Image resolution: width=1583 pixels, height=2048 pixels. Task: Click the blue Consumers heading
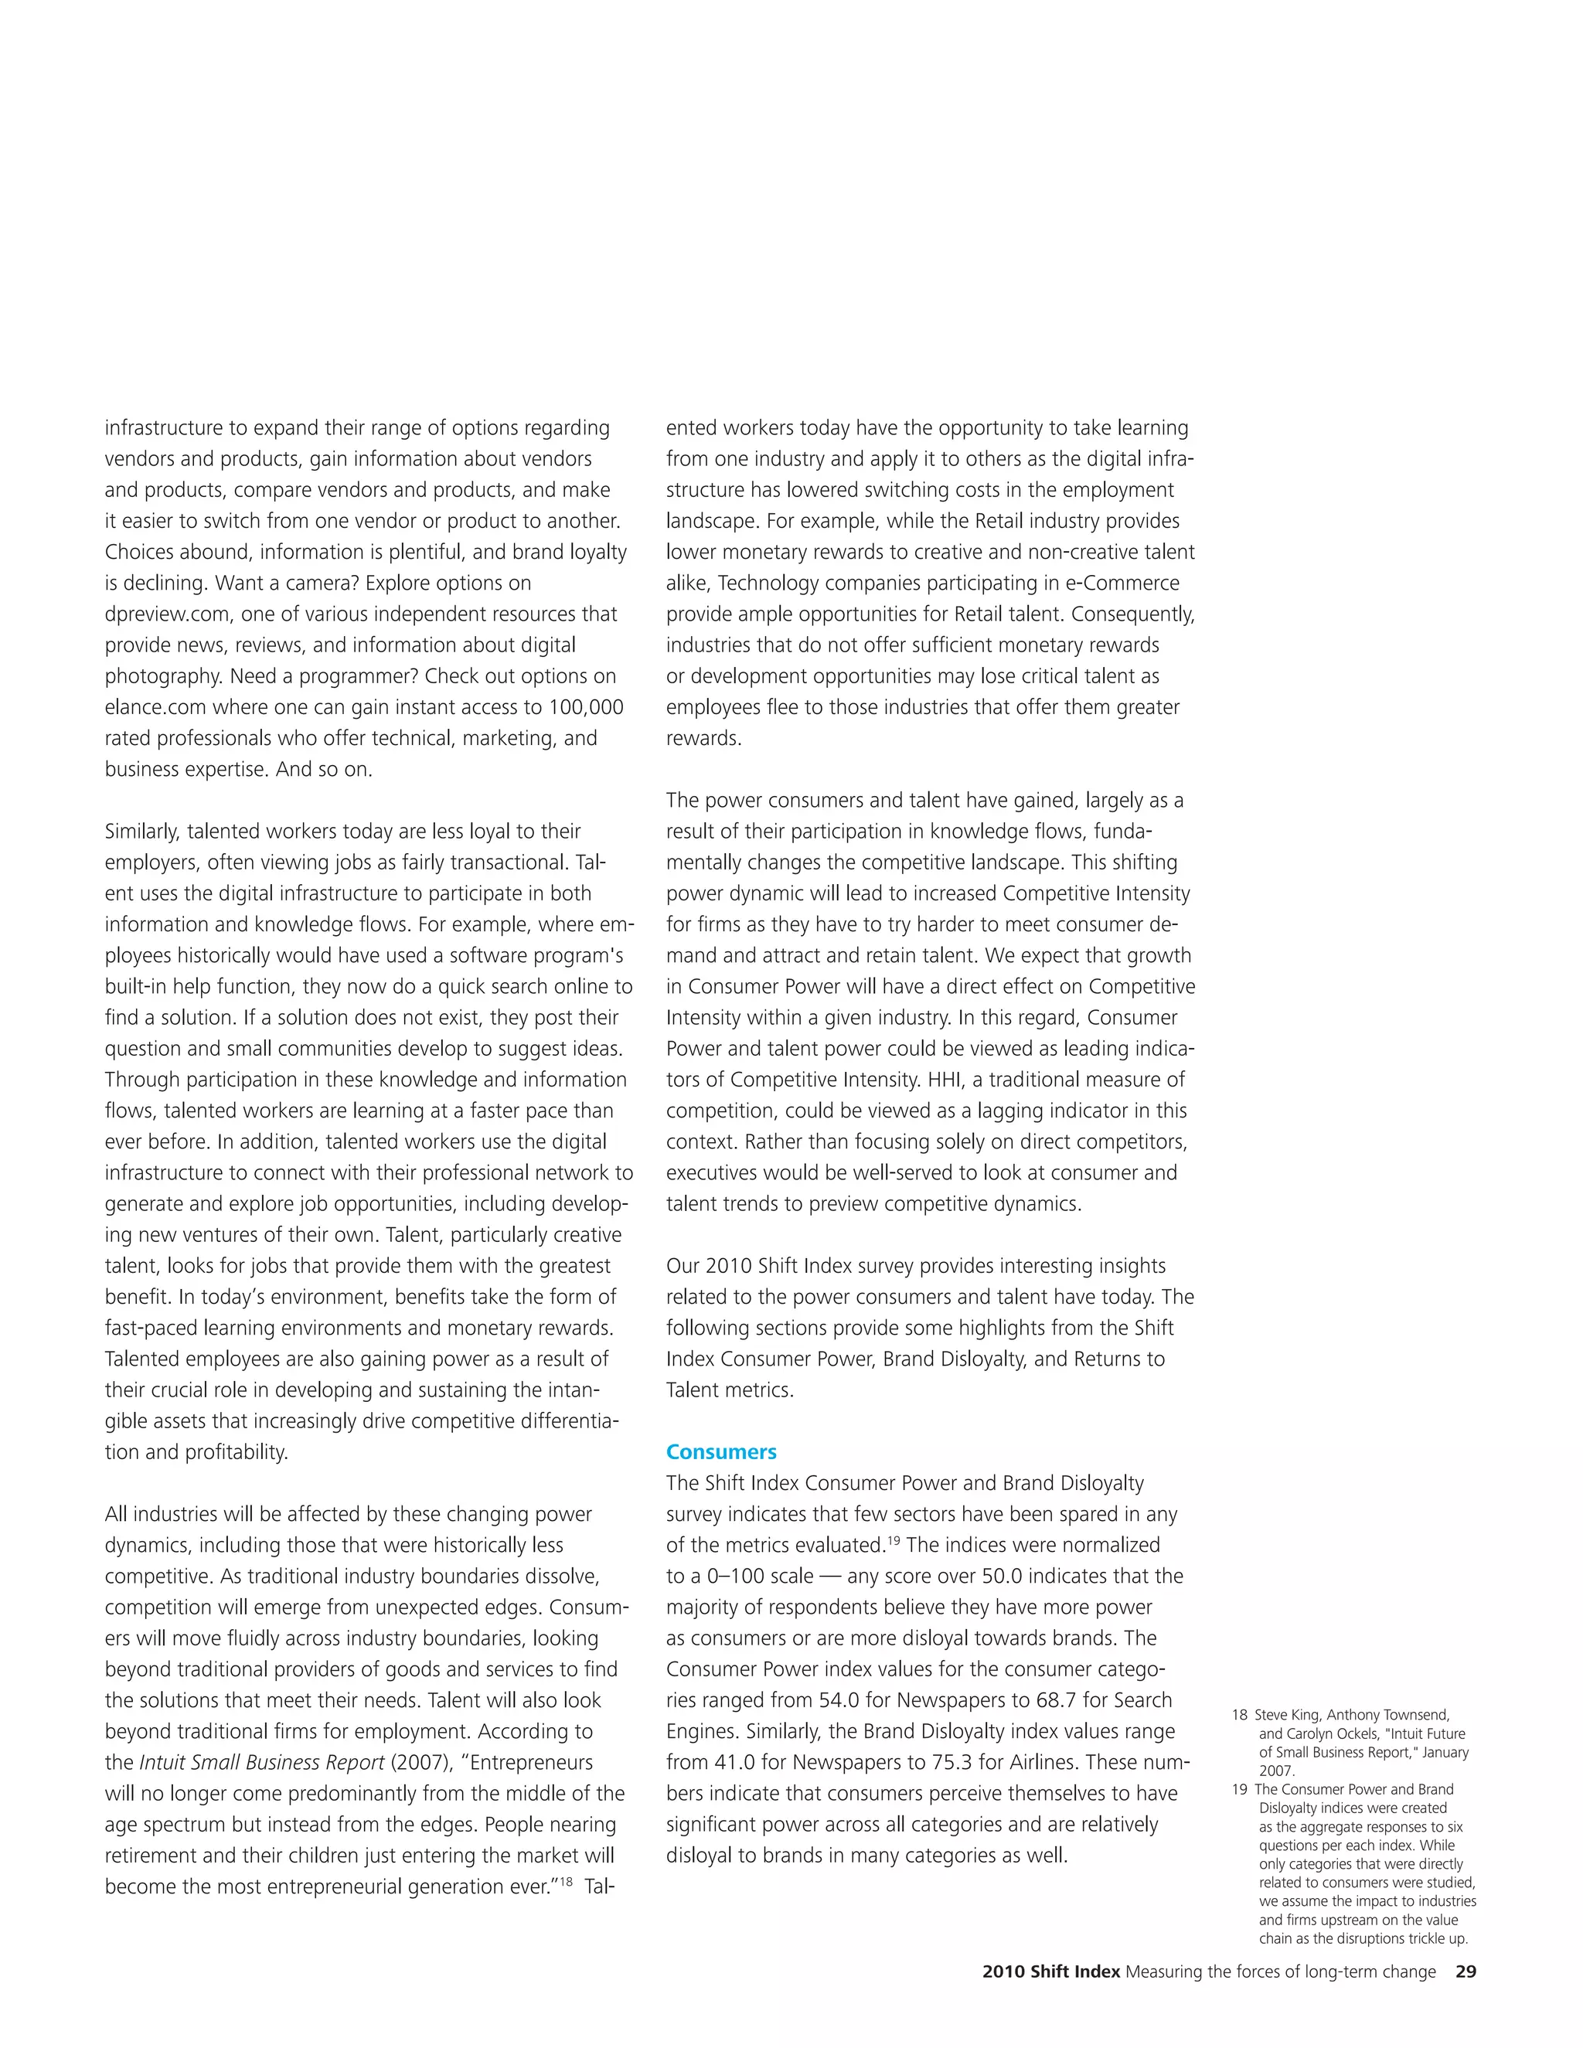720,1451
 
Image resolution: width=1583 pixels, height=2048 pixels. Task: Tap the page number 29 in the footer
1465,1971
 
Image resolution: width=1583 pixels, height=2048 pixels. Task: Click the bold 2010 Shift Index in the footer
1050,1971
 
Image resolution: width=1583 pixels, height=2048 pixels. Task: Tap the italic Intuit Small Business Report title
262,1762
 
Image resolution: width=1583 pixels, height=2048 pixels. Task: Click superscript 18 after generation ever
567,1881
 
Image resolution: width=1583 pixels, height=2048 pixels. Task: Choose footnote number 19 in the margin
1239,1789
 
